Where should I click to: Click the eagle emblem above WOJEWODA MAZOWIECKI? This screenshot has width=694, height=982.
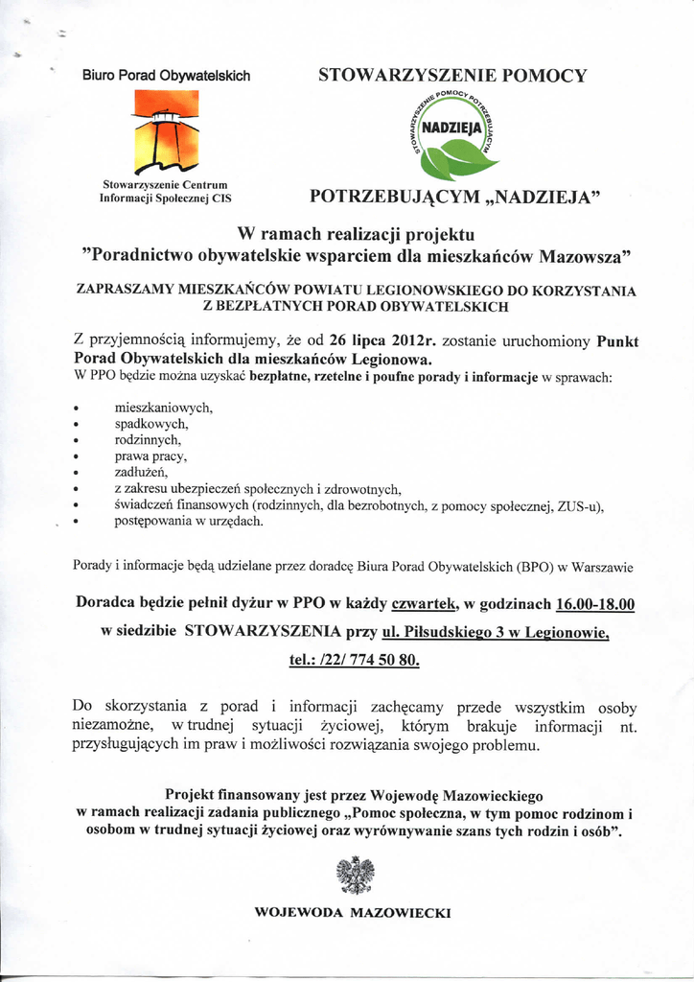pos(354,875)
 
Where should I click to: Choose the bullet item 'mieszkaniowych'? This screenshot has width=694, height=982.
pos(163,407)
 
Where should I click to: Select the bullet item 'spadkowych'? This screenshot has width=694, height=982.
pos(151,423)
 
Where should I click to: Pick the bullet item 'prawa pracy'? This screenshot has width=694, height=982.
pos(150,456)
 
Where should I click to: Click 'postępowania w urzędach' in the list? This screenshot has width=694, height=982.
pos(188,522)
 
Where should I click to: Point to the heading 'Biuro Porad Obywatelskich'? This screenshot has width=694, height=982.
pos(166,75)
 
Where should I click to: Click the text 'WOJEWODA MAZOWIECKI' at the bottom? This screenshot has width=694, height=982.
pos(352,912)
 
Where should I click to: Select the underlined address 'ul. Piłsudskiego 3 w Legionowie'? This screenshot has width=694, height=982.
pos(495,632)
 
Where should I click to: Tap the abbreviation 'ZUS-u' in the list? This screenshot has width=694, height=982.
pos(583,505)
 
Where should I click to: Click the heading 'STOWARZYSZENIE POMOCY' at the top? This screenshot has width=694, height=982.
pos(452,75)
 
